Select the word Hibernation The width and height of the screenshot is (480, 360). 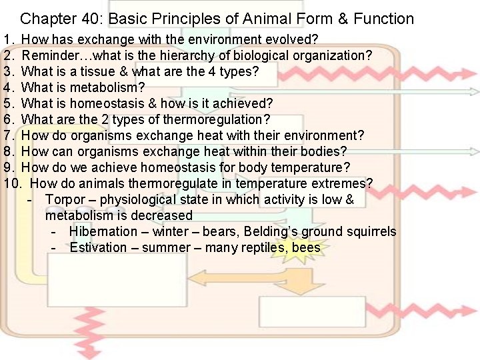coord(103,231)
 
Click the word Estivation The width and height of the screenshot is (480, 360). coord(98,247)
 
